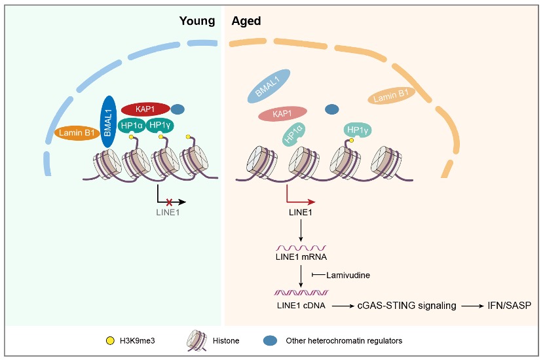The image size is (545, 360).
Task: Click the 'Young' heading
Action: pos(197,20)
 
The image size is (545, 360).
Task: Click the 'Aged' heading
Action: pos(246,20)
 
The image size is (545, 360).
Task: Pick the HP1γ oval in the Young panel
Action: pos(160,125)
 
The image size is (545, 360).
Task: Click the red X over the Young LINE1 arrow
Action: pos(169,202)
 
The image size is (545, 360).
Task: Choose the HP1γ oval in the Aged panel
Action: pos(358,131)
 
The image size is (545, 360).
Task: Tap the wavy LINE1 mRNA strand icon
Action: pos(300,248)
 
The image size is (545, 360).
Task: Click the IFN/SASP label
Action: pos(511,306)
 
